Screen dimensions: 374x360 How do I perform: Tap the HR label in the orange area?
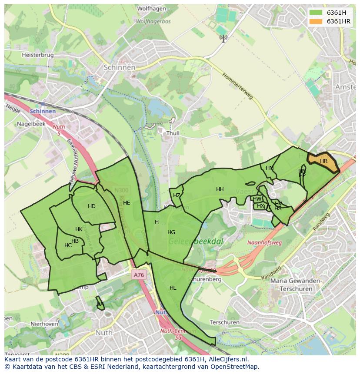[323, 161]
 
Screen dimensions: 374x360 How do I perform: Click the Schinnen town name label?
[120, 67]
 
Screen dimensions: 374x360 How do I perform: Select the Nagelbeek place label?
[31, 123]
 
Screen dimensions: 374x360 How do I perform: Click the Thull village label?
[173, 134]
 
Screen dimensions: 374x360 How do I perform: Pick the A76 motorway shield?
[138, 275]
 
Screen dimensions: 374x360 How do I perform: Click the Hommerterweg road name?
[237, 86]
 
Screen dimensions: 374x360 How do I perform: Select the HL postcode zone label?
[173, 288]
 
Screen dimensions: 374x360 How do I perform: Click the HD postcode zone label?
[91, 206]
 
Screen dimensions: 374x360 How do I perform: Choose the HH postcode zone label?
[220, 189]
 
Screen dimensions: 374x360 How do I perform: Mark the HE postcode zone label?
[127, 203]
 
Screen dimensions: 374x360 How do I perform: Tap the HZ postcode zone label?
[177, 195]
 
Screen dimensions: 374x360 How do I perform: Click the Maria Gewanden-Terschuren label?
[296, 285]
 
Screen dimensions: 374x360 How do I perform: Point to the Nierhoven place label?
[44, 324]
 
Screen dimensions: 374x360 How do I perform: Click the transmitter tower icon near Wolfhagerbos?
[223, 38]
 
